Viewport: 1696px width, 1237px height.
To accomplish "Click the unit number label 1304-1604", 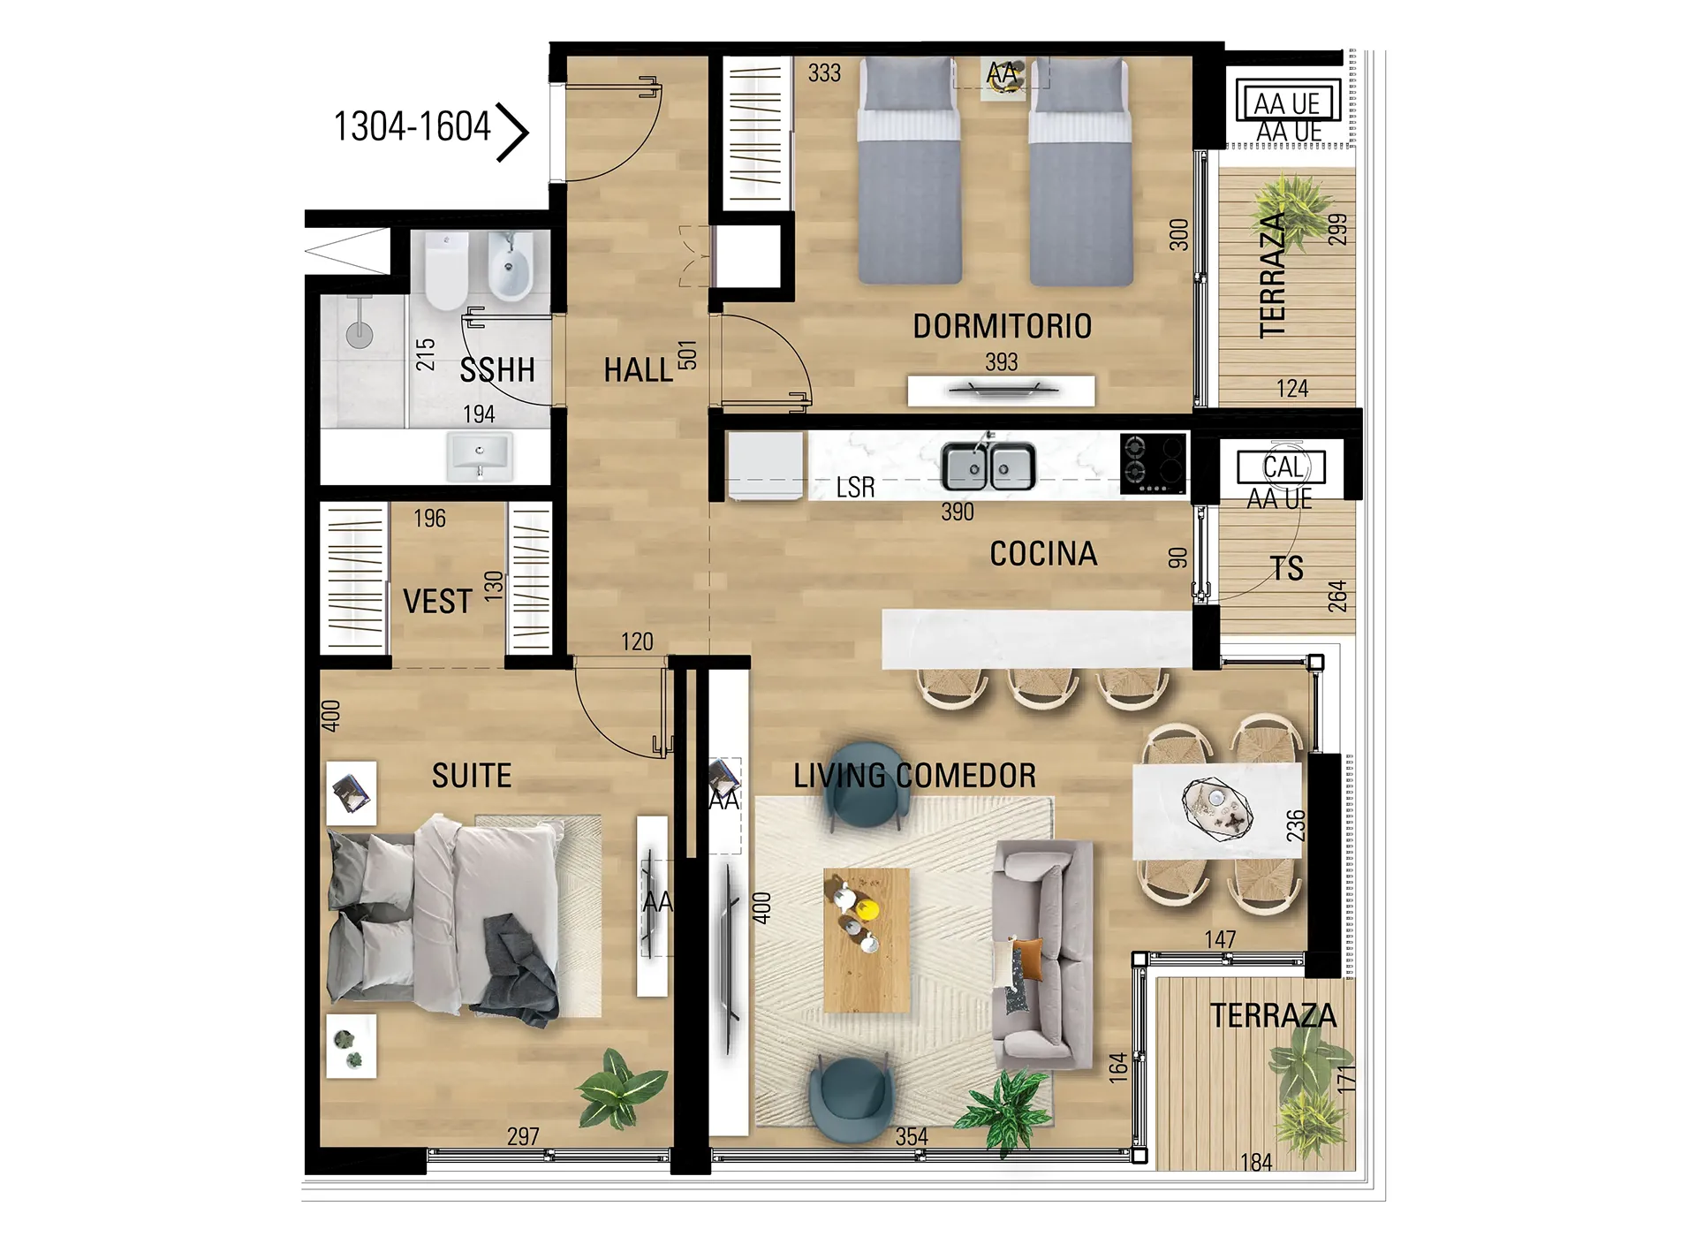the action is [x=412, y=126].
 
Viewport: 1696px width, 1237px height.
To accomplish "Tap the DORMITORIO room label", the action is [x=1002, y=326].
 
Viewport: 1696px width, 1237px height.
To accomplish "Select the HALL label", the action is [x=638, y=369].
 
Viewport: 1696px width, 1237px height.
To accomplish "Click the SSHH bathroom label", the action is [x=497, y=369].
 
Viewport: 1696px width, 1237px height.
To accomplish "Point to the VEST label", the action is [x=437, y=602].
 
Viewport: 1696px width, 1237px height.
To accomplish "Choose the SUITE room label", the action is [x=472, y=776].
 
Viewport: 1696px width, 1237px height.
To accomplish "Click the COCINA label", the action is [x=1043, y=554].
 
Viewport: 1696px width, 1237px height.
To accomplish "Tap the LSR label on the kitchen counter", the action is [x=855, y=488].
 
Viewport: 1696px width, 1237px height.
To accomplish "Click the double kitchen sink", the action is [x=988, y=465].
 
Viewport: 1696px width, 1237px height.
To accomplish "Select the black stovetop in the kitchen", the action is [x=1153, y=464].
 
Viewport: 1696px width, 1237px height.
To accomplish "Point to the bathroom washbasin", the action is [x=480, y=456].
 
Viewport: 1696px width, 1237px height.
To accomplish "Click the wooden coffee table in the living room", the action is [x=867, y=940].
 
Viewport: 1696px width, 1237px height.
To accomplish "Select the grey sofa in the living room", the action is [x=1042, y=953].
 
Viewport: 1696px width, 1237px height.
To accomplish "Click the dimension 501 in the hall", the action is [x=687, y=354].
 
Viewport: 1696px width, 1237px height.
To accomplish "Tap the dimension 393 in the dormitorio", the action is [x=1002, y=362].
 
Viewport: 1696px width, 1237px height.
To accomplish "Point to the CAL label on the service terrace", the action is [x=1283, y=467].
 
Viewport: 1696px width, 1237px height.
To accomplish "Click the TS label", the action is [x=1287, y=568].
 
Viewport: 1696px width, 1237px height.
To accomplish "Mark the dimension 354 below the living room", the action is [x=912, y=1136].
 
